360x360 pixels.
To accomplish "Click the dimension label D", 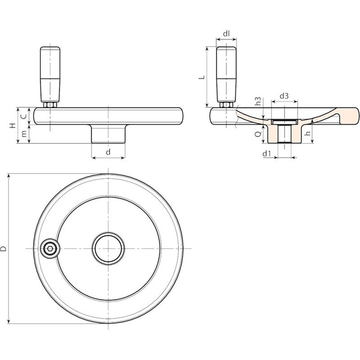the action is click(3, 248).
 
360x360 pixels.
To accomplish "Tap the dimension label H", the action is click(13, 126).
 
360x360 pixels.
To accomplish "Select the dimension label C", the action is click(24, 116).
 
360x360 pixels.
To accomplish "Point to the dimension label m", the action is click(24, 134).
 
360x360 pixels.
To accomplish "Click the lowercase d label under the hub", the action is click(108, 152).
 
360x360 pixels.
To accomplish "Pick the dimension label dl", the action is click(226, 34).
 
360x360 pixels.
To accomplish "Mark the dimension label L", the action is click(202, 77).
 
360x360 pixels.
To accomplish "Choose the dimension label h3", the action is click(258, 101).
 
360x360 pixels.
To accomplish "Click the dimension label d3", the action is click(284, 96).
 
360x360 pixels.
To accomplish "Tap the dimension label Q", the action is click(258, 134).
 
